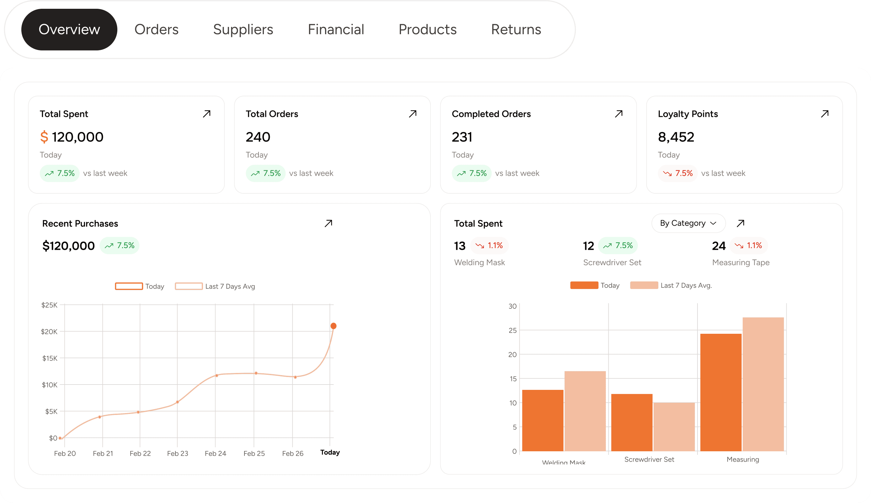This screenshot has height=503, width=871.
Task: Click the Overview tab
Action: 69,29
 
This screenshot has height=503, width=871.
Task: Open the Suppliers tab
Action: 243,29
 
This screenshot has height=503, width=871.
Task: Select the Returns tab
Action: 516,29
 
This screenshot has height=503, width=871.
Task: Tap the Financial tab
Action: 336,29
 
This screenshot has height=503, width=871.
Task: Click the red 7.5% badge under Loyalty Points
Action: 677,173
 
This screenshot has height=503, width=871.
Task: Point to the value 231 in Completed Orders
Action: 462,137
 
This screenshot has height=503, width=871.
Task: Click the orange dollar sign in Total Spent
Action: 44,137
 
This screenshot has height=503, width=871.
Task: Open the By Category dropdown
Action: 688,223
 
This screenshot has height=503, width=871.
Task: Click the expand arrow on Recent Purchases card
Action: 329,223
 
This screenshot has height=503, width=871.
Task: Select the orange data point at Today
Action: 333,326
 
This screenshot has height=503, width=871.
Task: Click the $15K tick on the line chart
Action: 50,358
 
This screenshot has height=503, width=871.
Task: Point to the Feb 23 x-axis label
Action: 177,453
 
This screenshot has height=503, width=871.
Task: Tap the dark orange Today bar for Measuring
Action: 721,392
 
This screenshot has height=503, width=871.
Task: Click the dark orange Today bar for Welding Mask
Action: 542,420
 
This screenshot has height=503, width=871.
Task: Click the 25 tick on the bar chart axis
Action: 513,330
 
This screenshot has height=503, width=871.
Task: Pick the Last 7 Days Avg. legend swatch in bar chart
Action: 644,286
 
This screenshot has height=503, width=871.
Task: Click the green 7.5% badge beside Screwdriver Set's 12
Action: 618,245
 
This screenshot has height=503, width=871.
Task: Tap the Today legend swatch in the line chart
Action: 129,286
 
